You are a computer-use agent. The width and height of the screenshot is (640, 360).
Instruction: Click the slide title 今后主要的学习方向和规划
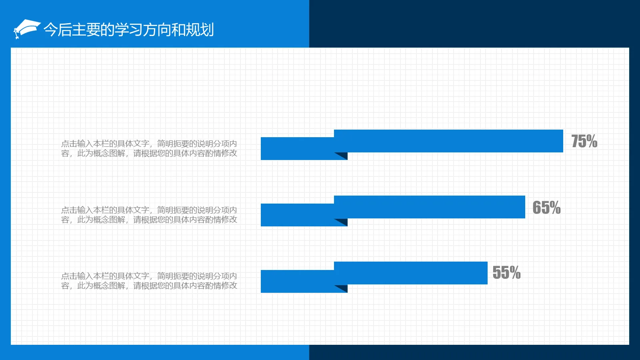tap(128, 30)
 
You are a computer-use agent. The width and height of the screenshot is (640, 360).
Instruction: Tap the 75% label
tap(584, 141)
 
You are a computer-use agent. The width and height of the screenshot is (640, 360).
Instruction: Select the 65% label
tap(546, 208)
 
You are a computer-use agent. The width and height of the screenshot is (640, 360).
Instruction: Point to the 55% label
tap(506, 273)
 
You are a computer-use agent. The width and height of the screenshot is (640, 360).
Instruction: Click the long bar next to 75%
tap(448, 141)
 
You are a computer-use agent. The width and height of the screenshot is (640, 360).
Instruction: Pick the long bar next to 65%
tap(429, 207)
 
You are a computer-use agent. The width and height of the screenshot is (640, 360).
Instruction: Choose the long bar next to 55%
tap(410, 273)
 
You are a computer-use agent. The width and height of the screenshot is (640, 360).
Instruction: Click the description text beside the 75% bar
tap(149, 148)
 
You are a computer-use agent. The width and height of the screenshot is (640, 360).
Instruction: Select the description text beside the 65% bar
tap(149, 215)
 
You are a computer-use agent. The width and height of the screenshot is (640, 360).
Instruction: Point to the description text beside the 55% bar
tap(149, 281)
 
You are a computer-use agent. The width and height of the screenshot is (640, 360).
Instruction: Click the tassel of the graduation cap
tap(16, 35)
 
